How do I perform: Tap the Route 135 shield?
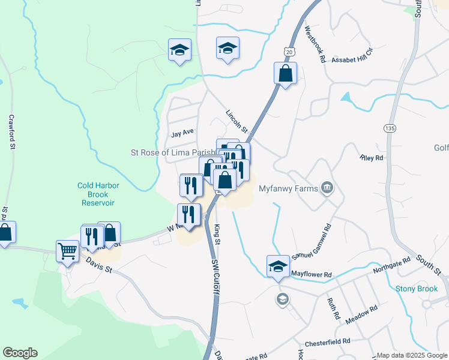point(388,128)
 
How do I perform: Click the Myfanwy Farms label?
point(288,188)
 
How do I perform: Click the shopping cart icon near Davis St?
point(67,251)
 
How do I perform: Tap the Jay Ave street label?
point(182,134)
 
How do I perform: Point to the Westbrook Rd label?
point(315,44)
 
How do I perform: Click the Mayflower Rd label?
point(312,274)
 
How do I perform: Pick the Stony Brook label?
point(417,289)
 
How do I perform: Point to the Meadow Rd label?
point(362,315)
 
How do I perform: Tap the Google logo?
point(20,353)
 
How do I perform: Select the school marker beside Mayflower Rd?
point(278,266)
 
